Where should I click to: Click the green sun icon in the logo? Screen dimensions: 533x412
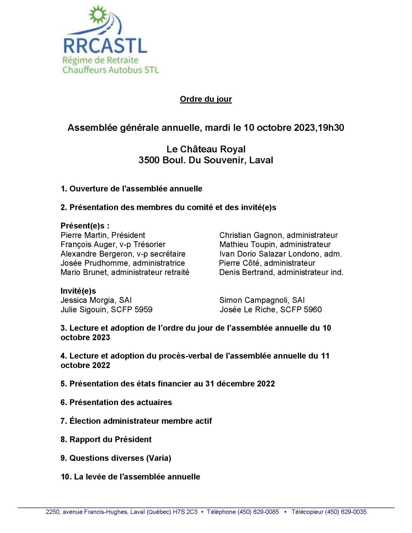click(x=98, y=15)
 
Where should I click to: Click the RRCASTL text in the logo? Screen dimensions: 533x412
click(x=105, y=46)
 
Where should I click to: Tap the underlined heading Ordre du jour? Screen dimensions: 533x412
click(x=206, y=99)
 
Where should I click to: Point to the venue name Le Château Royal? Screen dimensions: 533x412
click(x=206, y=149)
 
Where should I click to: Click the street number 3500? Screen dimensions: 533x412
click(x=149, y=160)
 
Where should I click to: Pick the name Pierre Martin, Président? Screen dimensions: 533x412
click(x=103, y=235)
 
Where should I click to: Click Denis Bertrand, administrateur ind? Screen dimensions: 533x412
click(x=281, y=272)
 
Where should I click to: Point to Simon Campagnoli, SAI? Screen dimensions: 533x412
click(x=262, y=300)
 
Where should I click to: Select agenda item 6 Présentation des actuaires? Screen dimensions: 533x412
click(x=116, y=402)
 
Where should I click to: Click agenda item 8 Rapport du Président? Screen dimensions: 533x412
click(x=106, y=439)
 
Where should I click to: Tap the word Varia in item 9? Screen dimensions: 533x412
click(x=159, y=458)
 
